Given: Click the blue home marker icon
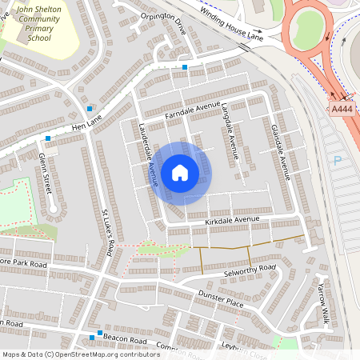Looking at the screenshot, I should click(180, 173).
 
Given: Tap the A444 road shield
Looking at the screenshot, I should click(341, 109).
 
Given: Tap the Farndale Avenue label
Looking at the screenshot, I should click(192, 111).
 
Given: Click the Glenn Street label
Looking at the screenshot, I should click(47, 172).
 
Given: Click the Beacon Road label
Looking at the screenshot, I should click(128, 342).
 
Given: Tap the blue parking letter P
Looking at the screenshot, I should click(337, 161).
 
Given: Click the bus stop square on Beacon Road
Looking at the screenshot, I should click(98, 333).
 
